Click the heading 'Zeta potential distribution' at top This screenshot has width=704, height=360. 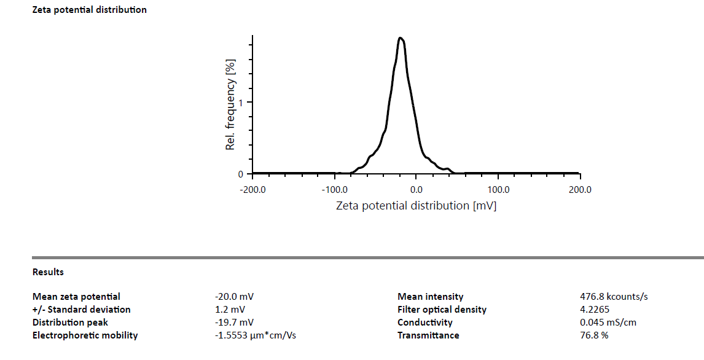coord(89,10)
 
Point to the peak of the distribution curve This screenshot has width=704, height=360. coord(401,38)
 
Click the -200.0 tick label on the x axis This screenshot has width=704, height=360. coord(252,189)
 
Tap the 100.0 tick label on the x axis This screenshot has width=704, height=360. coord(498,189)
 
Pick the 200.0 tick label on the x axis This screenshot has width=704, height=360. coord(580,189)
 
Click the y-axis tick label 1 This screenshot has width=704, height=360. coord(241,103)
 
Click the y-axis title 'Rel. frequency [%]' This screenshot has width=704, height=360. coord(231,104)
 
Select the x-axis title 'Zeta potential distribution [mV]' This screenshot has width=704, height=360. coord(416,206)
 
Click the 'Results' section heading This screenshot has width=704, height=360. coord(48,272)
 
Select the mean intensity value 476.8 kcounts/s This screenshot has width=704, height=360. coord(609,297)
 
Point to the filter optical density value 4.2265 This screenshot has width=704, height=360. coord(590,310)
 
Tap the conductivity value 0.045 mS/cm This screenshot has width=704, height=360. coord(603,323)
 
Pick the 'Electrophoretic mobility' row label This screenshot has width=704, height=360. coord(85,335)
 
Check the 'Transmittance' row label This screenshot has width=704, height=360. coord(428,335)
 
